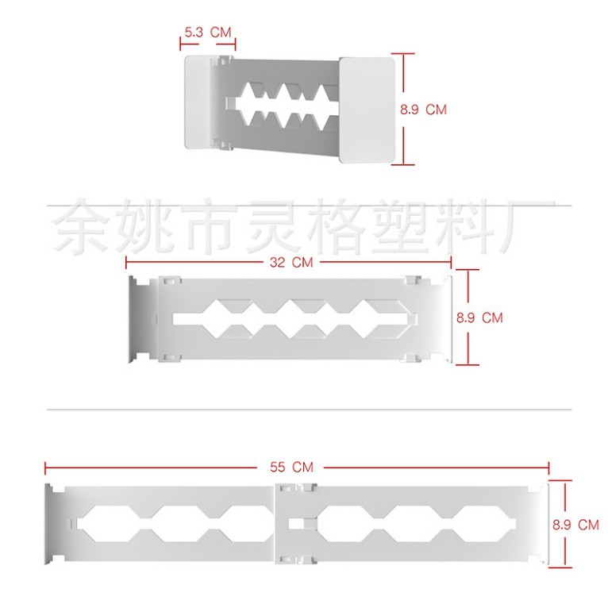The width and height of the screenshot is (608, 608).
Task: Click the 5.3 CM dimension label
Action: click(x=208, y=33)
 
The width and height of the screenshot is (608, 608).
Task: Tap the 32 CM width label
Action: click(x=291, y=263)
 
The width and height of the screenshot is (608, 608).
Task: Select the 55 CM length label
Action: click(x=291, y=468)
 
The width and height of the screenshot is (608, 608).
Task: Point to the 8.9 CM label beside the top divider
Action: click(x=423, y=110)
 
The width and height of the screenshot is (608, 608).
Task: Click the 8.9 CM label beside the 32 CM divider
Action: click(x=479, y=318)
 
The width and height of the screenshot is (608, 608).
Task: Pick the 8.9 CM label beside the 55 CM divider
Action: click(x=575, y=525)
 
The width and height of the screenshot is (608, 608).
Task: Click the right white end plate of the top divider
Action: click(x=367, y=110)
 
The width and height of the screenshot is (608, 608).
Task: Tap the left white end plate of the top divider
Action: click(x=198, y=102)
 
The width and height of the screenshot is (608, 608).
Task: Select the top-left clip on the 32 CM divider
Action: click(x=170, y=280)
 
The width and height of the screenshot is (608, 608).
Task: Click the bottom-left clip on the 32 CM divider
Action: click(x=170, y=358)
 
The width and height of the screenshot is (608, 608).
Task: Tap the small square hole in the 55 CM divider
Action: click(x=297, y=524)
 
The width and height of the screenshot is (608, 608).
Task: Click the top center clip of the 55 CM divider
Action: click(x=296, y=487)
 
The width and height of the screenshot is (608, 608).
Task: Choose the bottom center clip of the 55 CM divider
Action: click(x=296, y=560)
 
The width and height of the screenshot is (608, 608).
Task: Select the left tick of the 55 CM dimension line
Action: click(x=45, y=468)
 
